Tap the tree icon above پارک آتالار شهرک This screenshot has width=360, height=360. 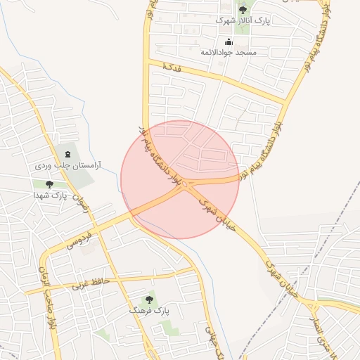(x=243, y=10)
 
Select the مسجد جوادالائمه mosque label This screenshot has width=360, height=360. (x=229, y=52)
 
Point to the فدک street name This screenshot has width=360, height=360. (x=172, y=67)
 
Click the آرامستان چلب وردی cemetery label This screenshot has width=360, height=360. (x=69, y=165)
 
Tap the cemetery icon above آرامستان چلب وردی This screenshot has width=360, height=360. (x=67, y=154)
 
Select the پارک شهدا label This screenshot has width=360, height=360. (x=69, y=195)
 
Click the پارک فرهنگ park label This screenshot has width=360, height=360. (x=150, y=309)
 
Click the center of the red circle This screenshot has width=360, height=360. (x=180, y=179)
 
